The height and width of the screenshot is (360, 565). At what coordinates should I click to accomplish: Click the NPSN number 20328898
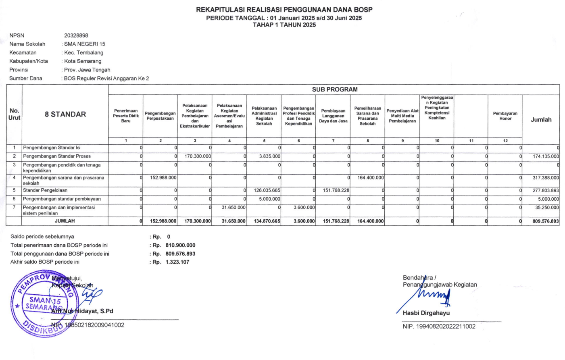click(x=76, y=35)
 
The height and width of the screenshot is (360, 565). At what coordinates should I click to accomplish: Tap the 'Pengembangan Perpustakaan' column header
click(x=160, y=116)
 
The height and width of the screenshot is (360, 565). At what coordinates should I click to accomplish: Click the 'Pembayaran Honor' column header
click(x=505, y=116)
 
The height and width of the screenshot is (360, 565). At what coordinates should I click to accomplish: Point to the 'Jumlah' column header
click(x=541, y=120)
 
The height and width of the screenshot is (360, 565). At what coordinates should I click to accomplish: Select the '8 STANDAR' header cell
click(x=65, y=114)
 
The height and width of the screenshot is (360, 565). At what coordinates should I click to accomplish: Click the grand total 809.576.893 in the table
click(x=545, y=221)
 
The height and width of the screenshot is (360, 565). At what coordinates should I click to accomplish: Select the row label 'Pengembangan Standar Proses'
click(x=57, y=156)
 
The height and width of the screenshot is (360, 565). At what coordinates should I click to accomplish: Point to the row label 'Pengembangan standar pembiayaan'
click(x=62, y=199)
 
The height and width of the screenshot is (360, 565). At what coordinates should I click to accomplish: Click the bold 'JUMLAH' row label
click(x=65, y=221)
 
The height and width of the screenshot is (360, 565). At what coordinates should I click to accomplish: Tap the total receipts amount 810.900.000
click(x=180, y=245)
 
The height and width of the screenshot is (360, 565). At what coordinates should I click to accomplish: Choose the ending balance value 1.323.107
click(x=177, y=262)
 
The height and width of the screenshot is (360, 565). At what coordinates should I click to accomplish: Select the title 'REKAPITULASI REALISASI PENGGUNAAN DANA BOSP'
click(x=284, y=9)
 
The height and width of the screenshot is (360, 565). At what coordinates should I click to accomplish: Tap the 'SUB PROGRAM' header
click(x=334, y=89)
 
